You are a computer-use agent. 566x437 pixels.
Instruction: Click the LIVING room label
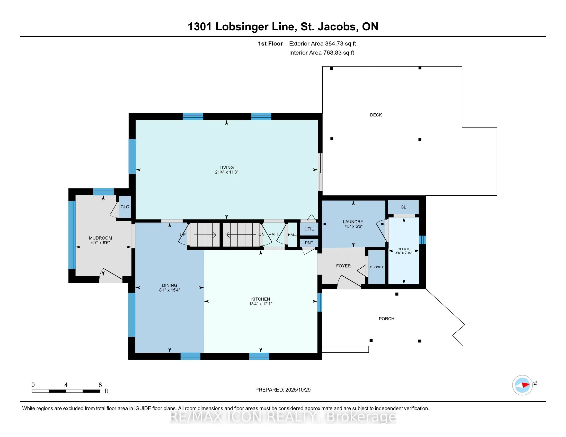(226, 168)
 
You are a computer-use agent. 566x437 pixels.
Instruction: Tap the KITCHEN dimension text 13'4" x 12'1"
(260, 304)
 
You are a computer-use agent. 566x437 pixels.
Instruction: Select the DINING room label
(170, 285)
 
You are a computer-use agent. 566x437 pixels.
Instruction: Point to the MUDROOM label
(100, 238)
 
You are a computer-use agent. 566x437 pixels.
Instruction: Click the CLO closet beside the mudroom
(125, 207)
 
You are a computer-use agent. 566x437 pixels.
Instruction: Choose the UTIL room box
(309, 229)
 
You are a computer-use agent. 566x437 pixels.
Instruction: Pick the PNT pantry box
(309, 243)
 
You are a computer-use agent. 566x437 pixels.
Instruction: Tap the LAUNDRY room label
(353, 222)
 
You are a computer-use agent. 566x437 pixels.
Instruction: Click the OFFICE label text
(403, 249)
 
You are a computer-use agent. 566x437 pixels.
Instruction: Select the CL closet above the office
(403, 207)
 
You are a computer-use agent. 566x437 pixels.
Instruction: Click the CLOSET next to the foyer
(377, 267)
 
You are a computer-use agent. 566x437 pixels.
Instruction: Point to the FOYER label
(343, 266)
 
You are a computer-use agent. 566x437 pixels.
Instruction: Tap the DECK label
(376, 115)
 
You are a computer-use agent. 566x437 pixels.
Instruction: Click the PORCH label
(386, 319)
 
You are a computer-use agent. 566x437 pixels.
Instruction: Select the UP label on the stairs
(182, 234)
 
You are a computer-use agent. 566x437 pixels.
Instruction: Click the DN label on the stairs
(261, 234)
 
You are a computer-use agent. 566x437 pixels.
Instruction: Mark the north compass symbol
(522, 385)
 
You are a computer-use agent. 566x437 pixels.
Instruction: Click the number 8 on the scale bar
(100, 385)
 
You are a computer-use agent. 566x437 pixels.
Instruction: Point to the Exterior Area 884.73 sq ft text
(322, 43)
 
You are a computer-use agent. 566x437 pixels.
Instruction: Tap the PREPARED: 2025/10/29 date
(283, 390)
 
